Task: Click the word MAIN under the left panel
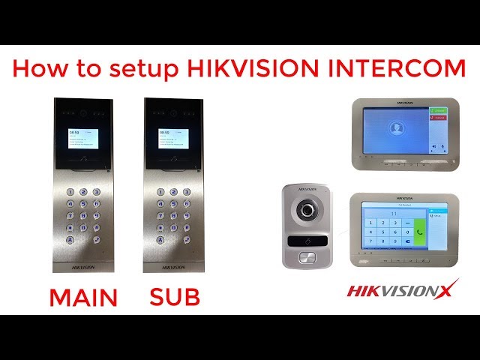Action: tap(83, 298)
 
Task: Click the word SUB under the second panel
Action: tap(175, 298)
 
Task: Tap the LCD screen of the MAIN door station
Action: tap(83, 139)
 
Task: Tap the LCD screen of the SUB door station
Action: tap(172, 139)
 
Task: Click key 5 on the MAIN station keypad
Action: tap(83, 203)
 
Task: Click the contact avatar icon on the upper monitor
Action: tap(396, 128)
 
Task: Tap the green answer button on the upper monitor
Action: tap(439, 111)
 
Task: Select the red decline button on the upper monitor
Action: tap(439, 118)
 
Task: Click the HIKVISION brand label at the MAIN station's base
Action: tap(83, 266)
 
